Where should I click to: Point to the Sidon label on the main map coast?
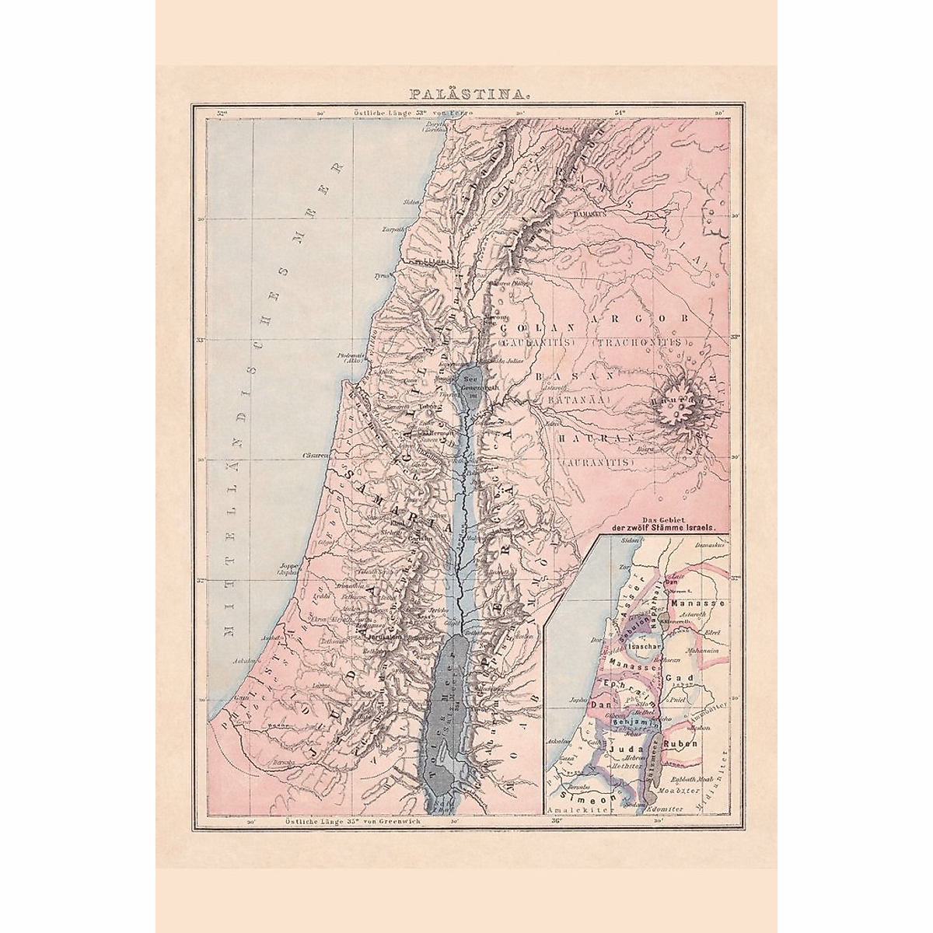(410, 201)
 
